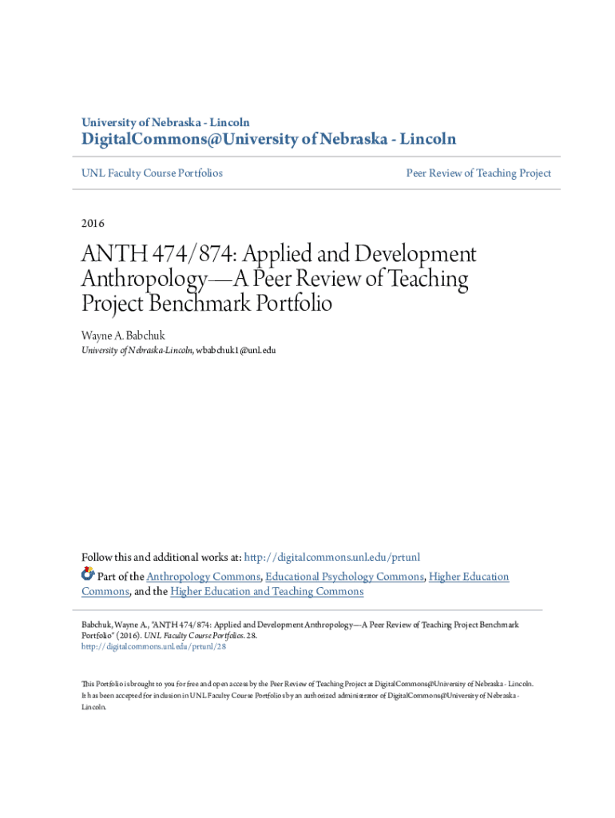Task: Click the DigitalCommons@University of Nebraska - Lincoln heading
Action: [269, 140]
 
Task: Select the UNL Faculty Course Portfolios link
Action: [152, 173]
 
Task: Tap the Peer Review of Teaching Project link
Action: [478, 173]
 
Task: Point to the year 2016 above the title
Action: [93, 223]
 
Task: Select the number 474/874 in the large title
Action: [194, 256]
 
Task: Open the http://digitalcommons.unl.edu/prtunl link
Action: [331, 557]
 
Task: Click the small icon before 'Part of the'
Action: [88, 574]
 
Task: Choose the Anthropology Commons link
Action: [204, 577]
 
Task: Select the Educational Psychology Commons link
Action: [344, 577]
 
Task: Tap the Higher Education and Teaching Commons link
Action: [267, 592]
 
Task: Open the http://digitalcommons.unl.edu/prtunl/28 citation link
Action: [154, 648]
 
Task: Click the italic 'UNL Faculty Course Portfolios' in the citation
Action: [195, 636]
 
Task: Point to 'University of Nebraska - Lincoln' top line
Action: [165, 122]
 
